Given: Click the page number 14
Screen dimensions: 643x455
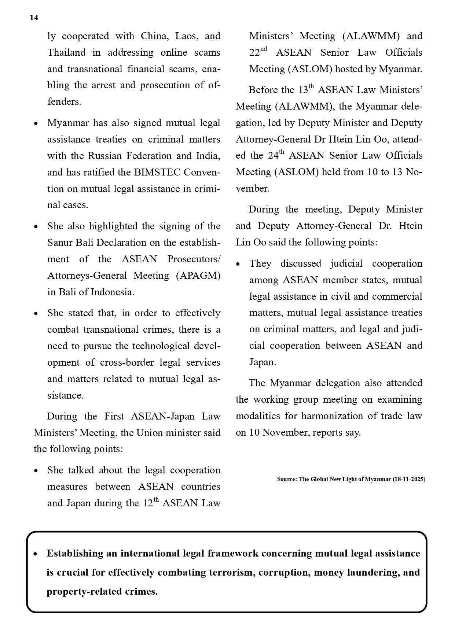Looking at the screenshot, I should click(34, 18).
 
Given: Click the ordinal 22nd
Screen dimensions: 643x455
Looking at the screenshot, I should click(258, 52).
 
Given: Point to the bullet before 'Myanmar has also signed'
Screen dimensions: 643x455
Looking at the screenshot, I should click(36, 124).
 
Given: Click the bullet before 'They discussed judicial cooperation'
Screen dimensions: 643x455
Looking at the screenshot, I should click(238, 264).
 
